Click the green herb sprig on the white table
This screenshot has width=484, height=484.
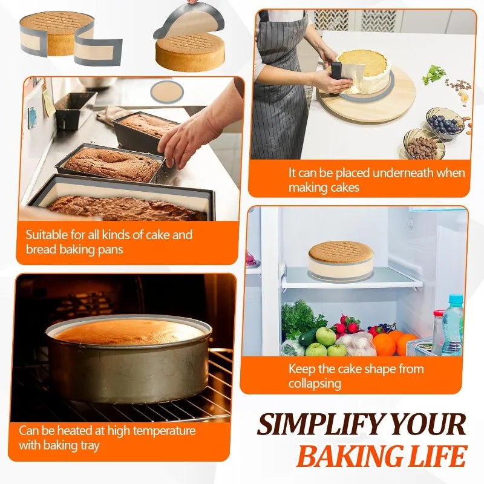pyautogui.click(x=434, y=74)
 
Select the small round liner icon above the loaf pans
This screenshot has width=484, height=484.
pyautogui.click(x=166, y=91)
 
